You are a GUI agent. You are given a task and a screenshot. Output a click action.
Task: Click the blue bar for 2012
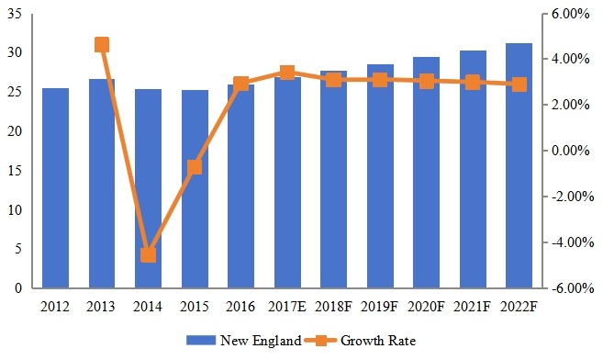point(55,188)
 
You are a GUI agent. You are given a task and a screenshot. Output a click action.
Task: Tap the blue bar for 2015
point(195,189)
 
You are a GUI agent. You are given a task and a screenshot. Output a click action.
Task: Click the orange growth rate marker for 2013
point(102,45)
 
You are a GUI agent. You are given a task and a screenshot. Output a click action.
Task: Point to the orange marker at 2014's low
point(148,254)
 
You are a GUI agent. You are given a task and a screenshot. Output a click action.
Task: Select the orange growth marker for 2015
point(195,167)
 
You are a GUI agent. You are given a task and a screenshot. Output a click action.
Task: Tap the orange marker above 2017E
point(287,73)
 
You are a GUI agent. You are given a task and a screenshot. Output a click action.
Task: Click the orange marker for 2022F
point(519,84)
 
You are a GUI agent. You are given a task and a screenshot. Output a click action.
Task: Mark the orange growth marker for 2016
point(240,84)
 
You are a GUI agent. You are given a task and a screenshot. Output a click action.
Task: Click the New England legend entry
point(243,341)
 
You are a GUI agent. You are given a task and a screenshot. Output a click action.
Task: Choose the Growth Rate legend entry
point(363,341)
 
